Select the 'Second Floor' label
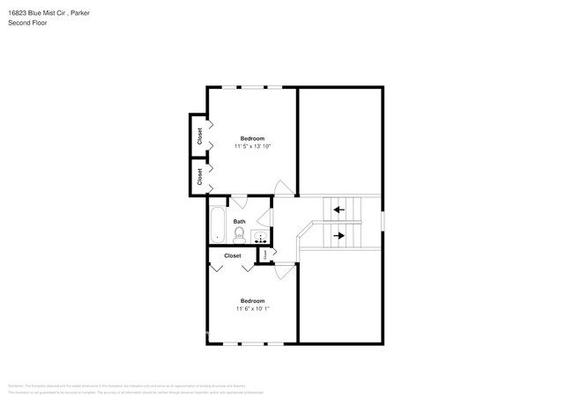(27, 23)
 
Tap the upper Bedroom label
(253, 138)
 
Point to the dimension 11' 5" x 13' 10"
(253, 146)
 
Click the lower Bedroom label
(253, 301)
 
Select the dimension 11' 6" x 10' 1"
(253, 309)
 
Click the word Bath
(239, 222)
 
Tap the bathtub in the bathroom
(217, 225)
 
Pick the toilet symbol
(239, 234)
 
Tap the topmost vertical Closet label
(200, 136)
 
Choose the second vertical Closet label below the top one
(200, 175)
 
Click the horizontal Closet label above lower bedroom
(233, 255)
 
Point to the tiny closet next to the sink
(263, 254)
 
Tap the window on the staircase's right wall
(383, 221)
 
